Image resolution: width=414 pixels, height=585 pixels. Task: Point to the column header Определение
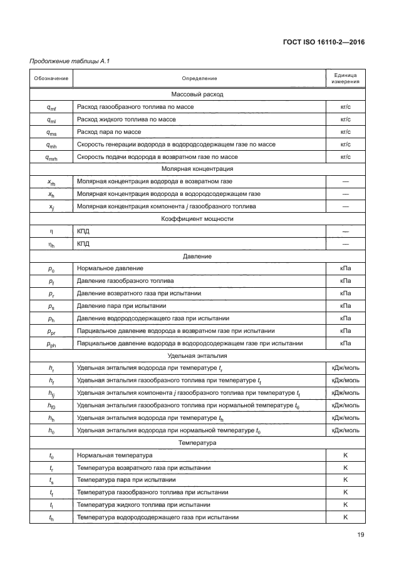pyautogui.click(x=199, y=78)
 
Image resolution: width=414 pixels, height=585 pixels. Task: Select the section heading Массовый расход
pyautogui.click(x=198, y=94)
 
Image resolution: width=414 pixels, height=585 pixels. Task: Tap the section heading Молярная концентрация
pyautogui.click(x=198, y=169)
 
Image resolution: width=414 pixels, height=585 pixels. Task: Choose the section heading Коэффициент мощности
pyautogui.click(x=198, y=218)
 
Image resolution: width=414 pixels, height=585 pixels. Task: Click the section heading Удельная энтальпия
pyautogui.click(x=198, y=355)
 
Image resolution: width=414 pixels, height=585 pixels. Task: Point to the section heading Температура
pyautogui.click(x=198, y=443)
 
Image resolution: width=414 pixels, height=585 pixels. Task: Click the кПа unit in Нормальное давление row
pyautogui.click(x=345, y=268)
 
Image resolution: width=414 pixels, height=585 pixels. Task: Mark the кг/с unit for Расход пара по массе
pyautogui.click(x=345, y=132)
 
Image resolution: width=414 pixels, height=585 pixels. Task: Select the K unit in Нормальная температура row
pyautogui.click(x=345, y=455)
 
